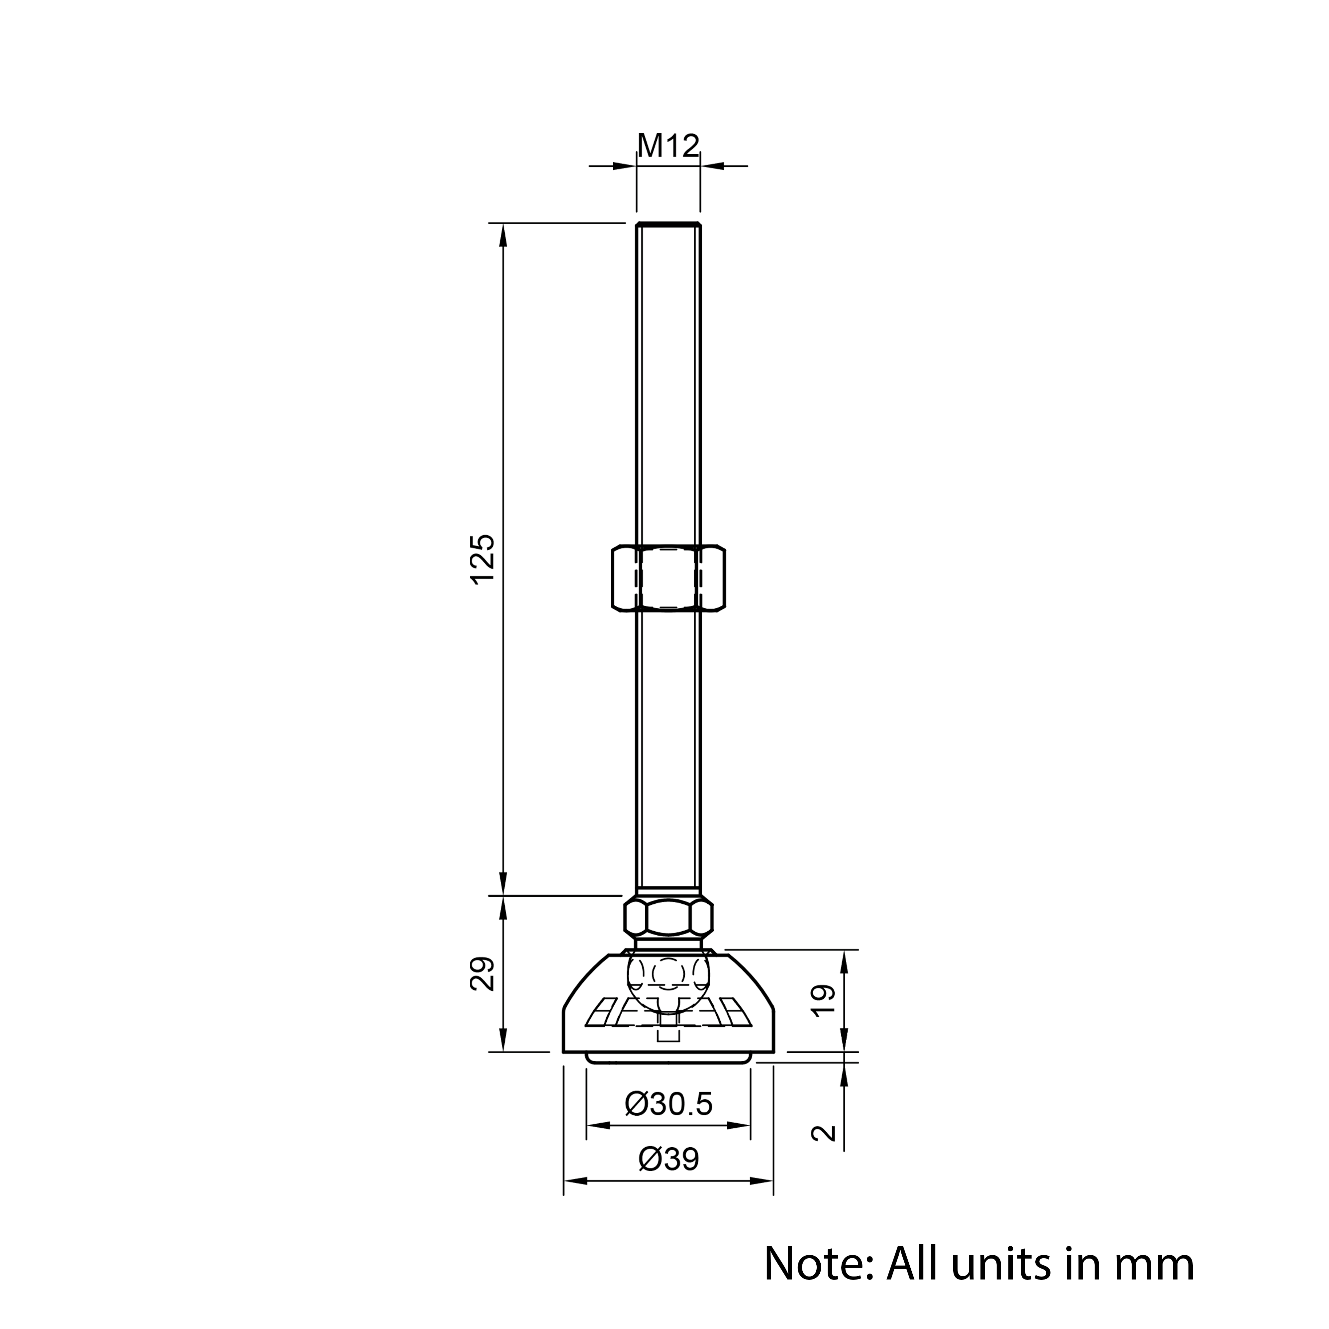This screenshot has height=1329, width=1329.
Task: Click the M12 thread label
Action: [x=668, y=146]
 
